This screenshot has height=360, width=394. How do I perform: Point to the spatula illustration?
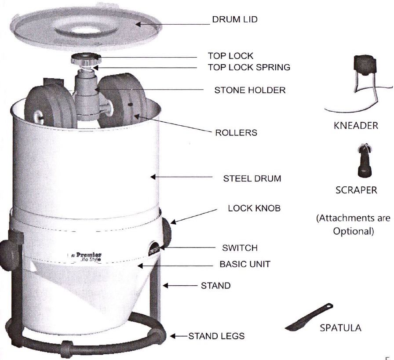click(310, 316)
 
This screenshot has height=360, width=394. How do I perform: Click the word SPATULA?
click(341, 328)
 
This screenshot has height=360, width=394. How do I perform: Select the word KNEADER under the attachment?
click(361, 125)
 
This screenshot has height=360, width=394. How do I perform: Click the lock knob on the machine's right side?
click(169, 228)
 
